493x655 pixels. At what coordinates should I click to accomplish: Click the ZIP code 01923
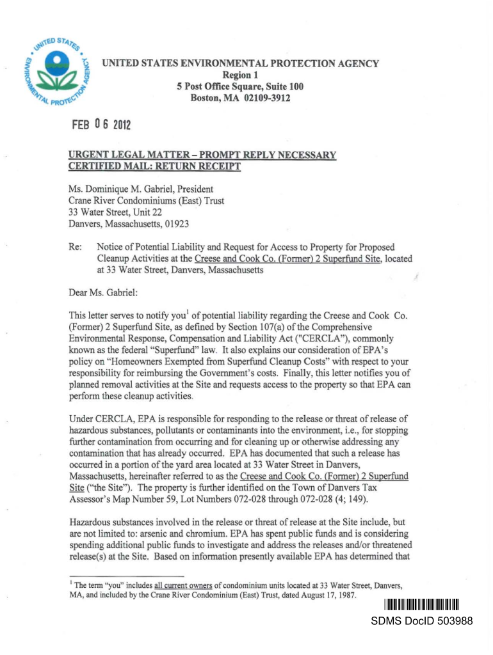[174, 224]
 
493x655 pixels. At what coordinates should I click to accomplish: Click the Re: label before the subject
[76, 247]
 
